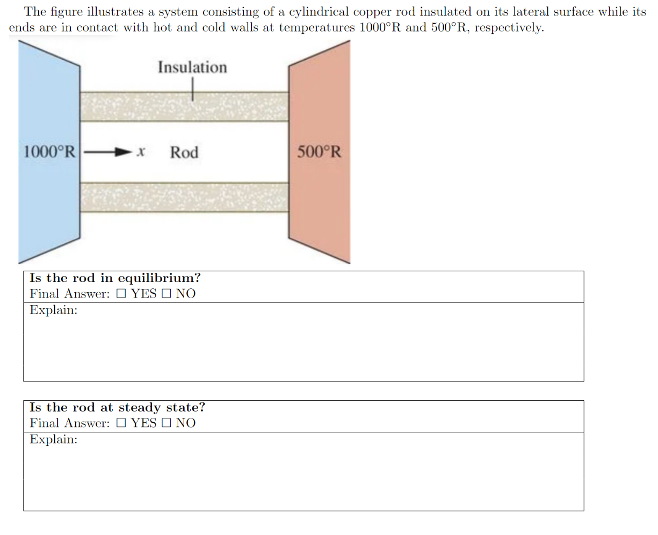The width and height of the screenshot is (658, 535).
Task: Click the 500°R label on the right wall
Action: point(319,152)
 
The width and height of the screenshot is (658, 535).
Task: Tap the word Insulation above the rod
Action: point(192,68)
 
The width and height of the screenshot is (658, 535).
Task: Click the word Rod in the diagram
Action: point(184,153)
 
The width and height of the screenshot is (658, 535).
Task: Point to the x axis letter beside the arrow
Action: point(141,153)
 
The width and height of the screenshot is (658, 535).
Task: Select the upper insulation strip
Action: point(184,106)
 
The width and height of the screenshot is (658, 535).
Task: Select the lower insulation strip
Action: point(184,197)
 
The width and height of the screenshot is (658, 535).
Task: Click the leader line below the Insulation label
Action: point(192,89)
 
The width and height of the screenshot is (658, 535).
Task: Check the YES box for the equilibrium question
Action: point(121,294)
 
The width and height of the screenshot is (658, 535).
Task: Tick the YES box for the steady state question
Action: point(121,423)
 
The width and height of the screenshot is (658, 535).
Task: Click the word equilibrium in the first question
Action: point(159,278)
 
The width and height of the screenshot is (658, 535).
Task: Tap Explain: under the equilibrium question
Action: point(53,310)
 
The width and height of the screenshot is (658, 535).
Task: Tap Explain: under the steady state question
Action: point(53,439)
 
